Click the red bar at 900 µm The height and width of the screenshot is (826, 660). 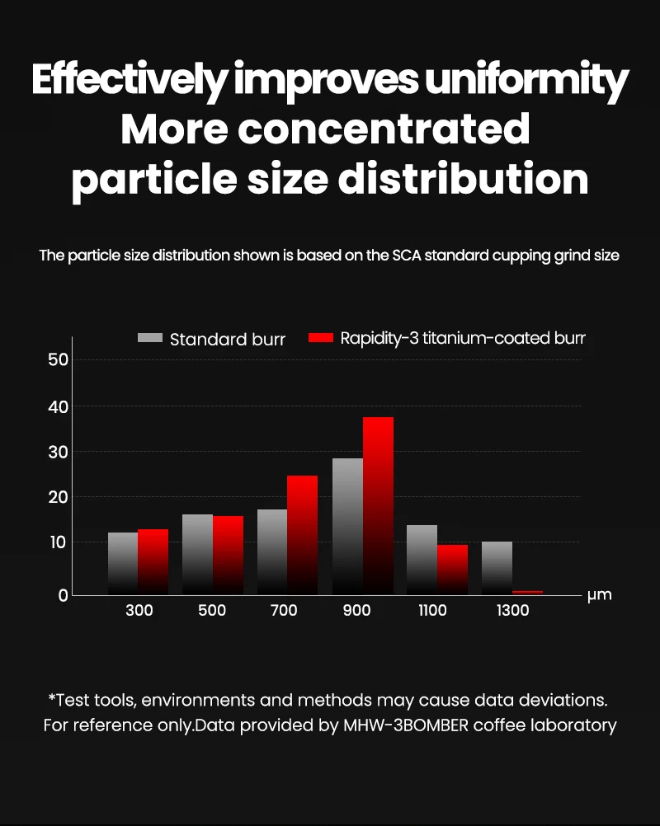(378, 505)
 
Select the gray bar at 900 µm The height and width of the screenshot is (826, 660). (347, 525)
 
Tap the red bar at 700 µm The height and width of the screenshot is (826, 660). (303, 534)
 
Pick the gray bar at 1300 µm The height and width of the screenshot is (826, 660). (497, 567)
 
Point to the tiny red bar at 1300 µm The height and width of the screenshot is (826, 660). (527, 592)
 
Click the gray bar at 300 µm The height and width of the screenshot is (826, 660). (123, 563)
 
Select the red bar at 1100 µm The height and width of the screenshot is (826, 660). (452, 569)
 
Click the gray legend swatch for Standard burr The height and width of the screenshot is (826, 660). (150, 338)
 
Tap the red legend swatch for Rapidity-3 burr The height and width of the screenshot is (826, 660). (320, 338)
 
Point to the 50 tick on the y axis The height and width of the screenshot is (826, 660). (58, 360)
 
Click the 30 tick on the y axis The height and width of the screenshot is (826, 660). (58, 452)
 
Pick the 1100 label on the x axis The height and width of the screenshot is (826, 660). (432, 611)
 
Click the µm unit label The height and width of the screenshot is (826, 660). (599, 594)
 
